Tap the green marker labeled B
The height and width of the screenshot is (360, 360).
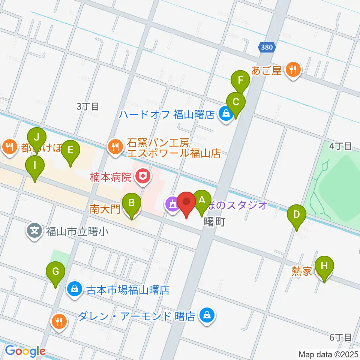click(x=132, y=203)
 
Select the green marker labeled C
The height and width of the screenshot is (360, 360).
click(x=236, y=102)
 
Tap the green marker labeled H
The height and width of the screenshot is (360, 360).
click(x=324, y=266)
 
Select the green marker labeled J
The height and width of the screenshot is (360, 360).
click(x=37, y=138)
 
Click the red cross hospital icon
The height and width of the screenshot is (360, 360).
click(x=142, y=175)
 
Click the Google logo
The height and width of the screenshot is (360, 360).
click(x=25, y=351)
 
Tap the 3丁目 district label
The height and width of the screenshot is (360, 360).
click(x=88, y=106)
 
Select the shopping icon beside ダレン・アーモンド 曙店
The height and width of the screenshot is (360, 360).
click(x=207, y=315)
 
